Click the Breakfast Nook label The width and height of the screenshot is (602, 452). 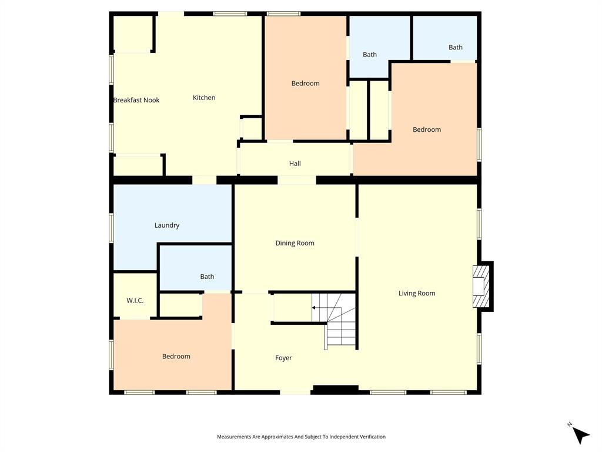coord(136,100)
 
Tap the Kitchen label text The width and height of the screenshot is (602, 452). coord(204,98)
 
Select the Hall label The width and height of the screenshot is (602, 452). coord(295,164)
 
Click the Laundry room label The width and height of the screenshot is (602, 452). coord(167,225)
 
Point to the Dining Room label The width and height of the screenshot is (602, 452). coord(295,243)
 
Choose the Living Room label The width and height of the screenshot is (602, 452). coord(417,293)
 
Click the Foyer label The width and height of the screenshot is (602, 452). coord(283,358)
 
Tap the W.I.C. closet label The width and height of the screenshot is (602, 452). coord(135,301)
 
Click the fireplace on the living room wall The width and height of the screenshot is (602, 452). coord(481,286)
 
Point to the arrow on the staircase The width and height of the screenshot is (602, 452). coord(315,308)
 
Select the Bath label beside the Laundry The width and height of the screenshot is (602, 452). coord(207,277)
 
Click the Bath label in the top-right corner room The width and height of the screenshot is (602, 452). coord(456,48)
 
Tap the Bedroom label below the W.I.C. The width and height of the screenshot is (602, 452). coord(176,357)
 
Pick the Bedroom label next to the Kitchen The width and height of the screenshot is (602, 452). coord(306,84)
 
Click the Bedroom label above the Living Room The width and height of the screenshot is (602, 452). coord(427,129)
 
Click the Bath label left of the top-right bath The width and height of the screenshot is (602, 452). coord(370,55)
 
